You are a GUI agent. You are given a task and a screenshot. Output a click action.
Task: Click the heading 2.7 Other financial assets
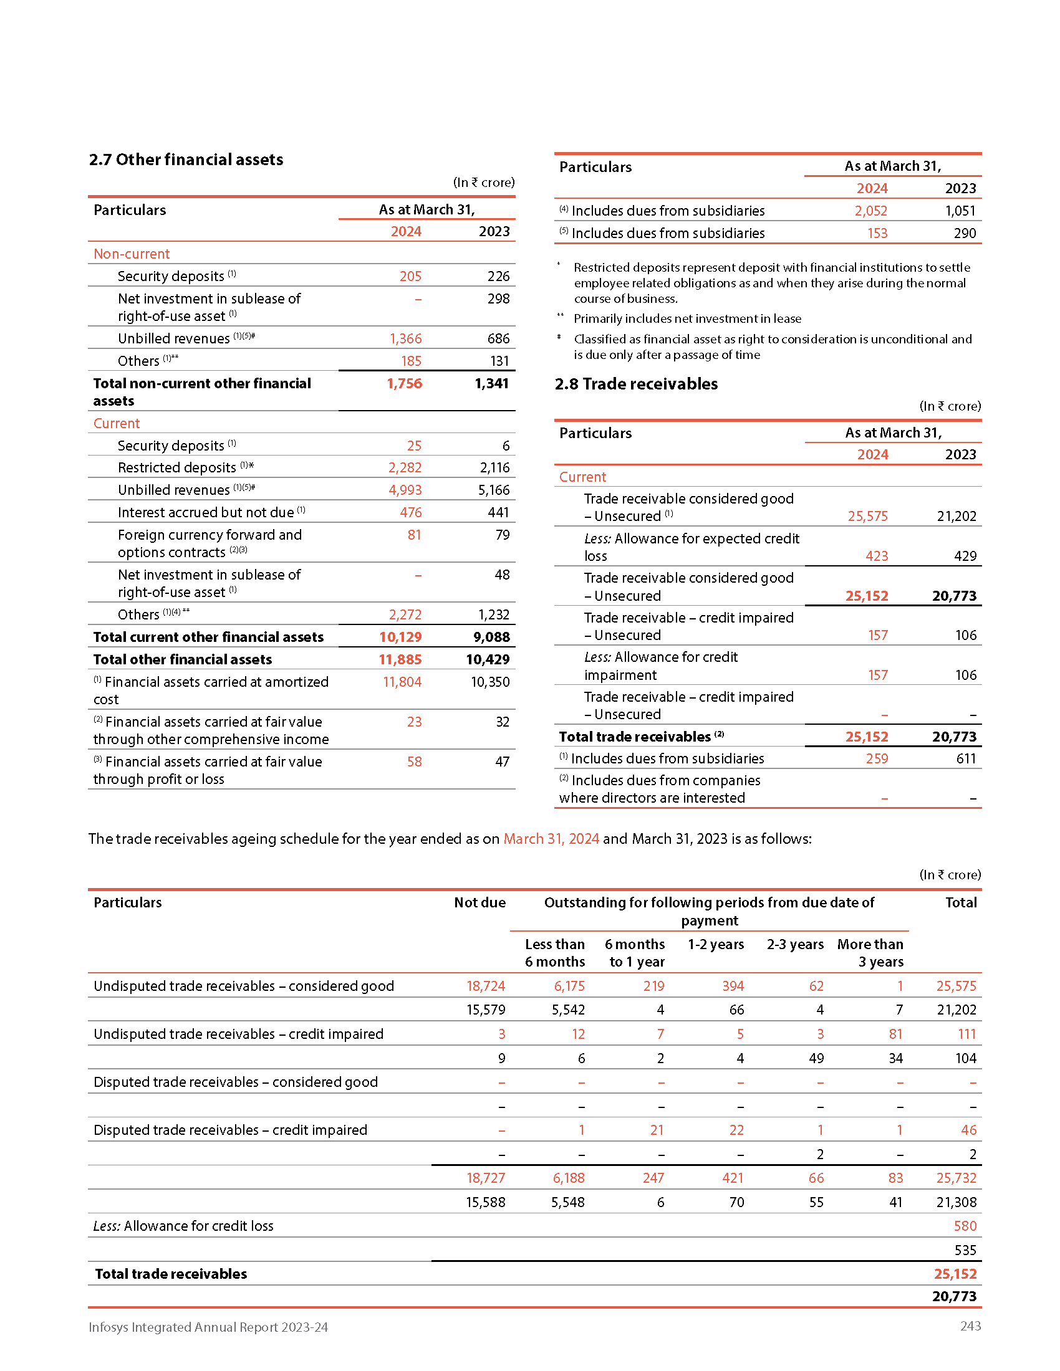click(x=186, y=160)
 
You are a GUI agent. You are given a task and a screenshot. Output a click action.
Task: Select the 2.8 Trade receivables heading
click(x=635, y=383)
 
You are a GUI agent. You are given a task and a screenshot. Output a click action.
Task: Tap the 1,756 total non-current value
click(x=404, y=383)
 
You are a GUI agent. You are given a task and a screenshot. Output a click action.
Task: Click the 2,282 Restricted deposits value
click(x=405, y=467)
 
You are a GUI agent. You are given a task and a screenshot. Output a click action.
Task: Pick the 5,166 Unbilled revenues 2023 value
click(x=494, y=490)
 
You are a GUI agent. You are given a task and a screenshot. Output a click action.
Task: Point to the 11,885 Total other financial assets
click(x=400, y=659)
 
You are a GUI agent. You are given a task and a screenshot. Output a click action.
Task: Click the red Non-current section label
click(x=131, y=254)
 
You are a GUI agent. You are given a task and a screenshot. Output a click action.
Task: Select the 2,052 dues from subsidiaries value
click(x=870, y=211)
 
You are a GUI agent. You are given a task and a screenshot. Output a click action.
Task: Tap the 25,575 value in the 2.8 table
click(x=867, y=516)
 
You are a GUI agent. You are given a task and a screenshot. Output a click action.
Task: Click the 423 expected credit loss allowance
click(x=877, y=556)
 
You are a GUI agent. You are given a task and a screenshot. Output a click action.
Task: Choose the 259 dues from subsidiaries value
click(x=877, y=758)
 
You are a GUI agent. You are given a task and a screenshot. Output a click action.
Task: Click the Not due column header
click(x=479, y=903)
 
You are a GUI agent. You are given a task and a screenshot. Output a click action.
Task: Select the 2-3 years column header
click(x=795, y=944)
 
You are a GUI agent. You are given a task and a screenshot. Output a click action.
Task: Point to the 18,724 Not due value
click(x=485, y=986)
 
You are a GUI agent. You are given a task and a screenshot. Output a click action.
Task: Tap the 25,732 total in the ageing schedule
click(x=956, y=1178)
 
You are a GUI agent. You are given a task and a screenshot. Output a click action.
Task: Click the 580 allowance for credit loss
click(x=965, y=1226)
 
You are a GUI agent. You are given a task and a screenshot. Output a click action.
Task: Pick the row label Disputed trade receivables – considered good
click(x=236, y=1082)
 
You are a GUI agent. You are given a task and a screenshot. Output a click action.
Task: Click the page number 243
click(x=970, y=1326)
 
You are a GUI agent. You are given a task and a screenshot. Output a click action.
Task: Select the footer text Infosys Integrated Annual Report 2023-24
click(x=208, y=1327)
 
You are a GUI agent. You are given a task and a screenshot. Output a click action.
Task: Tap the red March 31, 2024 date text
click(x=551, y=839)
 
